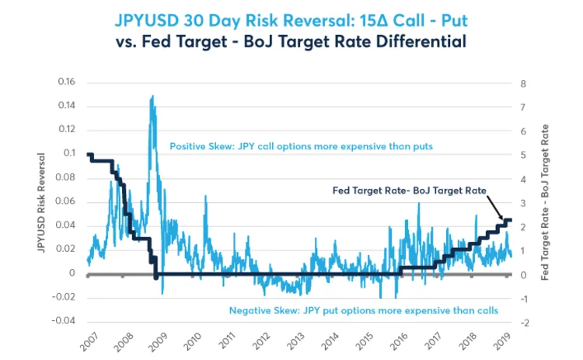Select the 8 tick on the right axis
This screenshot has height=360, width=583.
coord(523,83)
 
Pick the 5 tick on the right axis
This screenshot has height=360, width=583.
coord(523,156)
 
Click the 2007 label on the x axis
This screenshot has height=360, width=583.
coord(88,343)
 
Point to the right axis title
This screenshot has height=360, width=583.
coord(544,202)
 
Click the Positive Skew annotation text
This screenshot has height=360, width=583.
coord(301,145)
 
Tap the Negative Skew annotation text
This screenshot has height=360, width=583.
coord(364,310)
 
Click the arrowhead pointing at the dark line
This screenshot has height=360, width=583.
coord(502,220)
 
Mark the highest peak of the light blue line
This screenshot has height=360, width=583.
coord(152,96)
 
